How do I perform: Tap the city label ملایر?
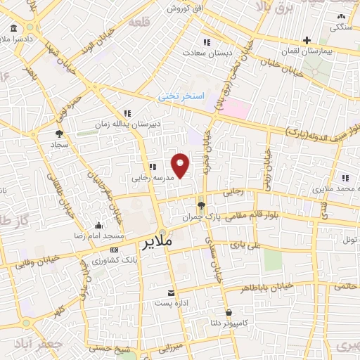click(157, 243)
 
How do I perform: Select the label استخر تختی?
click(181, 95)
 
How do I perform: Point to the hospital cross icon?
click(306, 41)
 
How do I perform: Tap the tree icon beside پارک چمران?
click(202, 206)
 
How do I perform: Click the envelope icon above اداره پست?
click(172, 292)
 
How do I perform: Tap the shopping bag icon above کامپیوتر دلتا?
click(229, 311)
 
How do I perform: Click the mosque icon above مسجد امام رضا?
click(98, 225)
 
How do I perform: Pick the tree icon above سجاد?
click(59, 132)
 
